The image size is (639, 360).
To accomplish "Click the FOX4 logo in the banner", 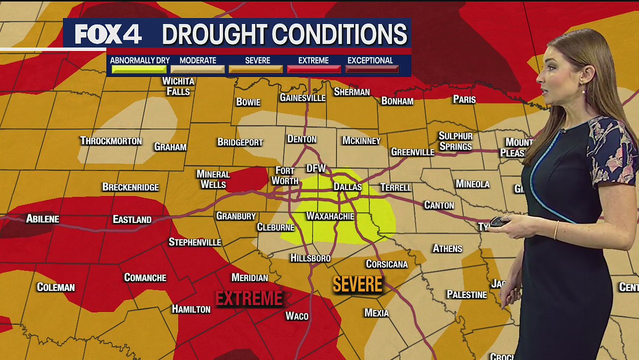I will (108, 34).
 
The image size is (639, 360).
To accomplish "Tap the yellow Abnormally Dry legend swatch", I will (139, 69).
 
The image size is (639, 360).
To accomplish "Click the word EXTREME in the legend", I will (314, 60).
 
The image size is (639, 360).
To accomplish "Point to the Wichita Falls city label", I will (178, 86).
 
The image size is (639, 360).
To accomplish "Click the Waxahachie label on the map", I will (330, 216).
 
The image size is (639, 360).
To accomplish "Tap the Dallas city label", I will (347, 186).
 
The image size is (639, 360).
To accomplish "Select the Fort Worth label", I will (285, 176).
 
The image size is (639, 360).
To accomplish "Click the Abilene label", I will (42, 218).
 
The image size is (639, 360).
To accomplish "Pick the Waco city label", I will (297, 316).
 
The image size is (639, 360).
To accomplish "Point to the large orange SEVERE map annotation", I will (357, 284).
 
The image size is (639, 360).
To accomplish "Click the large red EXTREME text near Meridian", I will (249, 299).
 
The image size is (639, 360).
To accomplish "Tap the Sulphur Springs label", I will (455, 141).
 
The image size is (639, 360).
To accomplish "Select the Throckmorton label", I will (111, 141).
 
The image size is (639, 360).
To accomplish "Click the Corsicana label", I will (387, 264).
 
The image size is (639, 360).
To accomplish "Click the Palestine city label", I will (467, 294).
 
